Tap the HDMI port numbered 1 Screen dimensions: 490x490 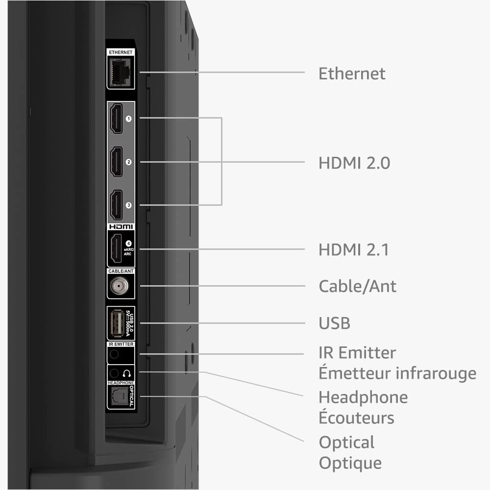click(116, 118)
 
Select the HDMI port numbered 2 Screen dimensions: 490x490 click(116, 162)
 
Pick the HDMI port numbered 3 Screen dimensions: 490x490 click(116, 205)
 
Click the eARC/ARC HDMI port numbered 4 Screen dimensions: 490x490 click(117, 249)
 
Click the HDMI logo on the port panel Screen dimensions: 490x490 click(121, 227)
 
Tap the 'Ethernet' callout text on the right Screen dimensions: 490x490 click(352, 73)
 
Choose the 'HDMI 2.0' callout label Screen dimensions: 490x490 click(354, 163)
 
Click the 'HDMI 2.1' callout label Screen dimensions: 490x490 click(353, 250)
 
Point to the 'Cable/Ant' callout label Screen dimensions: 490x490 click(357, 286)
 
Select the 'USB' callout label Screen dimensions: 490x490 click(334, 323)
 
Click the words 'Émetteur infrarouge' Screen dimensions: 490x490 click(397, 373)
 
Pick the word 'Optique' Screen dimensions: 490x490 click(350, 463)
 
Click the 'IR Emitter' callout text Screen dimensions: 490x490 click(357, 352)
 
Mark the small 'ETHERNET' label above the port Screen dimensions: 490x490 click(121, 52)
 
